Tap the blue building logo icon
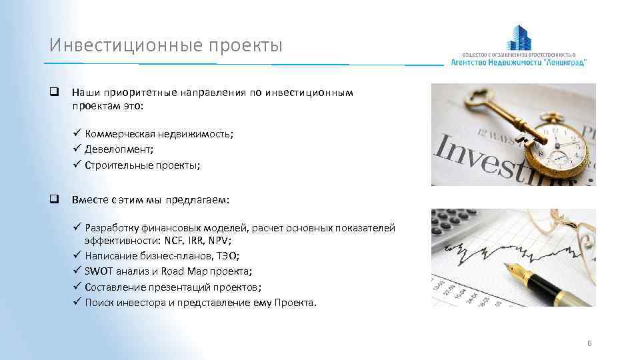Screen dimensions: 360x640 click(x=521, y=37)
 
